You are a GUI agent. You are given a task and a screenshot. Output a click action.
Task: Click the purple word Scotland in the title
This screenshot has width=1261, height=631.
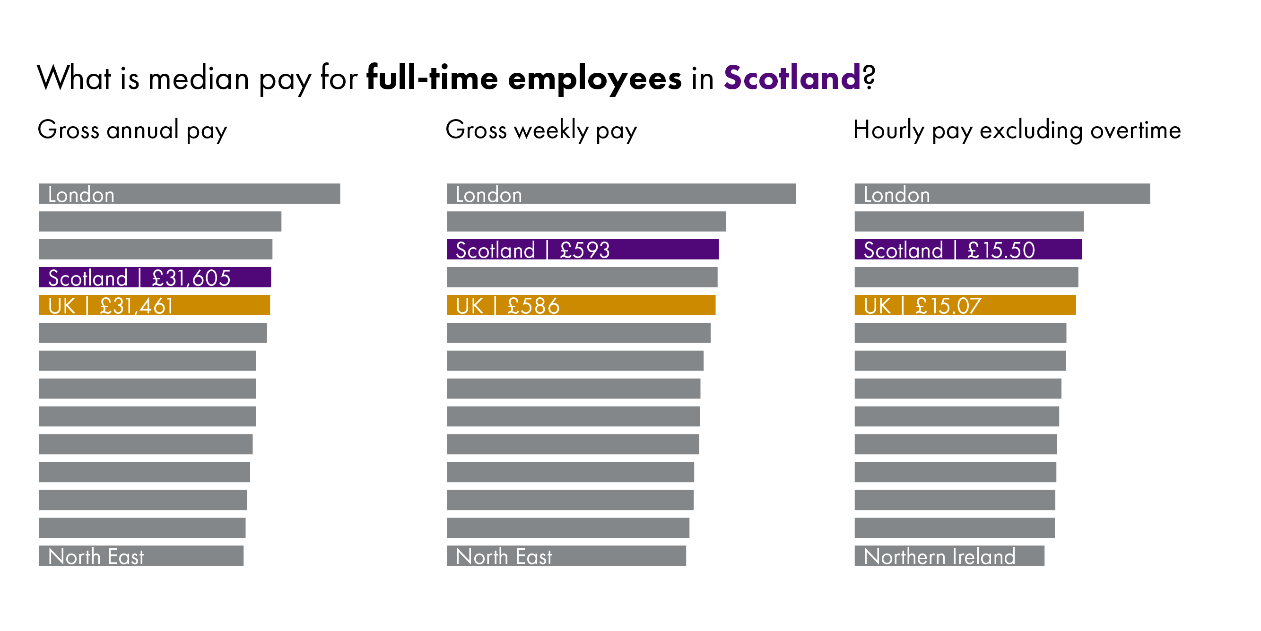[791, 78]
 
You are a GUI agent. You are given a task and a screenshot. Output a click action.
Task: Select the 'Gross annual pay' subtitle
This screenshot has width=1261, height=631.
[132, 130]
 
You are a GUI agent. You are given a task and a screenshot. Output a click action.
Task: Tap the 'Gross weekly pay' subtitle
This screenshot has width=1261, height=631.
[541, 130]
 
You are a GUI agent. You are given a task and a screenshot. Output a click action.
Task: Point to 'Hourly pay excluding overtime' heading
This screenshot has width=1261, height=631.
[1017, 130]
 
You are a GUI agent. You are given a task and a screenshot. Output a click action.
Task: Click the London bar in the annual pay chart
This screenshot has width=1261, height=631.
[190, 194]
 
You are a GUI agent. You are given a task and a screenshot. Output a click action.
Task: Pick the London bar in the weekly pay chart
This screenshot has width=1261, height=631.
[621, 194]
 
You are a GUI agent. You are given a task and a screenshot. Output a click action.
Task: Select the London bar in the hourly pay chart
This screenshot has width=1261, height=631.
[1001, 194]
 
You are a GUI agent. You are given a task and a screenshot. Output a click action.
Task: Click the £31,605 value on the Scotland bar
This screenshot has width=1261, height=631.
[191, 278]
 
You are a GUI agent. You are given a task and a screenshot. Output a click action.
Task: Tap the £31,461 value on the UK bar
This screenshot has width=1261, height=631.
[137, 306]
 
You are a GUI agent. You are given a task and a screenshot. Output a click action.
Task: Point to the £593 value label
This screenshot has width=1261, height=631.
[584, 250]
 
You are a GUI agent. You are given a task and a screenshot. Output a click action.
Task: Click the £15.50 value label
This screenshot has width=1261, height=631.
[1000, 250]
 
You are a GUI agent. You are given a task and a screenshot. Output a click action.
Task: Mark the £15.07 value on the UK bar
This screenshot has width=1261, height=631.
[948, 306]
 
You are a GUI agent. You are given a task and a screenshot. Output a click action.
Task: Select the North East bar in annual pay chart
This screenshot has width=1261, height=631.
[141, 556]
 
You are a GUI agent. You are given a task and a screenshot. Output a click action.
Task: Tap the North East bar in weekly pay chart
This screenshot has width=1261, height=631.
[566, 556]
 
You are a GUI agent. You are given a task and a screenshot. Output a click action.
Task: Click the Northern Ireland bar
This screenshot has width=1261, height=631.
[948, 556]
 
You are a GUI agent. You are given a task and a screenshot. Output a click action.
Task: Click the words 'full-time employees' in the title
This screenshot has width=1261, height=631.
[524, 78]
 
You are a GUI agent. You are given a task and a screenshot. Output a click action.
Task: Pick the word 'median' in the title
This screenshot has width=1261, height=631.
[199, 78]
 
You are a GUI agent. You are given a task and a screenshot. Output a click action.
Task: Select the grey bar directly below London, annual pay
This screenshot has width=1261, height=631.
[160, 222]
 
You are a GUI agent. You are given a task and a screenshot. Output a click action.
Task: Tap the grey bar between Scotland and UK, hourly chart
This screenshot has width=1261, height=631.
[966, 277]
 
